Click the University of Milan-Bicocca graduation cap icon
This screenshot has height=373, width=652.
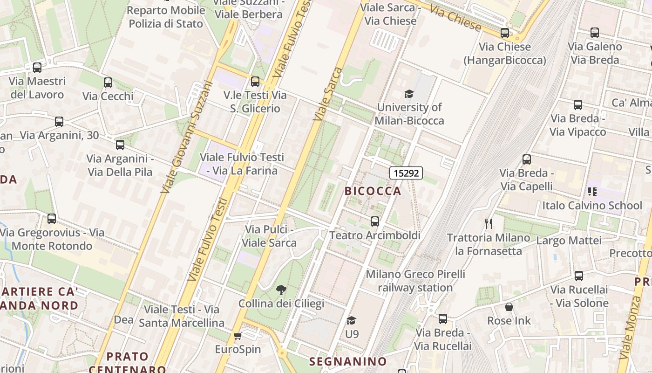409,94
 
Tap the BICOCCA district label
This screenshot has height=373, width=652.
373,191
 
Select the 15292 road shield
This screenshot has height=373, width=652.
406,173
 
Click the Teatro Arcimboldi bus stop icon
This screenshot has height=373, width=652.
375,221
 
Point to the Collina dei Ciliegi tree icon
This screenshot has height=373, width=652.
281,290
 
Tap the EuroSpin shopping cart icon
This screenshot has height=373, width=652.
238,336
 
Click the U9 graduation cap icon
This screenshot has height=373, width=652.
352,320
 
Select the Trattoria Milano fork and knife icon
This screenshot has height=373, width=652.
489,224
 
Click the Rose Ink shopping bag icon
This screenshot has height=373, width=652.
509,307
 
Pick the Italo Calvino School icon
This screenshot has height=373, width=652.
592,191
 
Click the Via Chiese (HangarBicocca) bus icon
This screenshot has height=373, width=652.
505,33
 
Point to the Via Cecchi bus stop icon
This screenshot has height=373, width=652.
108,83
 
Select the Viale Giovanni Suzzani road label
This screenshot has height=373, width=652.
185,138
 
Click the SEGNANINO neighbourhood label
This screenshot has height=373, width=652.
348,361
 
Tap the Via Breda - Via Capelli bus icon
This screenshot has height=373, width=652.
527,159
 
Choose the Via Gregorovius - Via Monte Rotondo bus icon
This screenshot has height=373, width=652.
52,218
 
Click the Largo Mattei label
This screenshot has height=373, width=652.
569,241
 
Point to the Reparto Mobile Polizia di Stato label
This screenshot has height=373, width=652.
166,17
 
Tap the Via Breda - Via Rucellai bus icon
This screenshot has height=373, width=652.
443,319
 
